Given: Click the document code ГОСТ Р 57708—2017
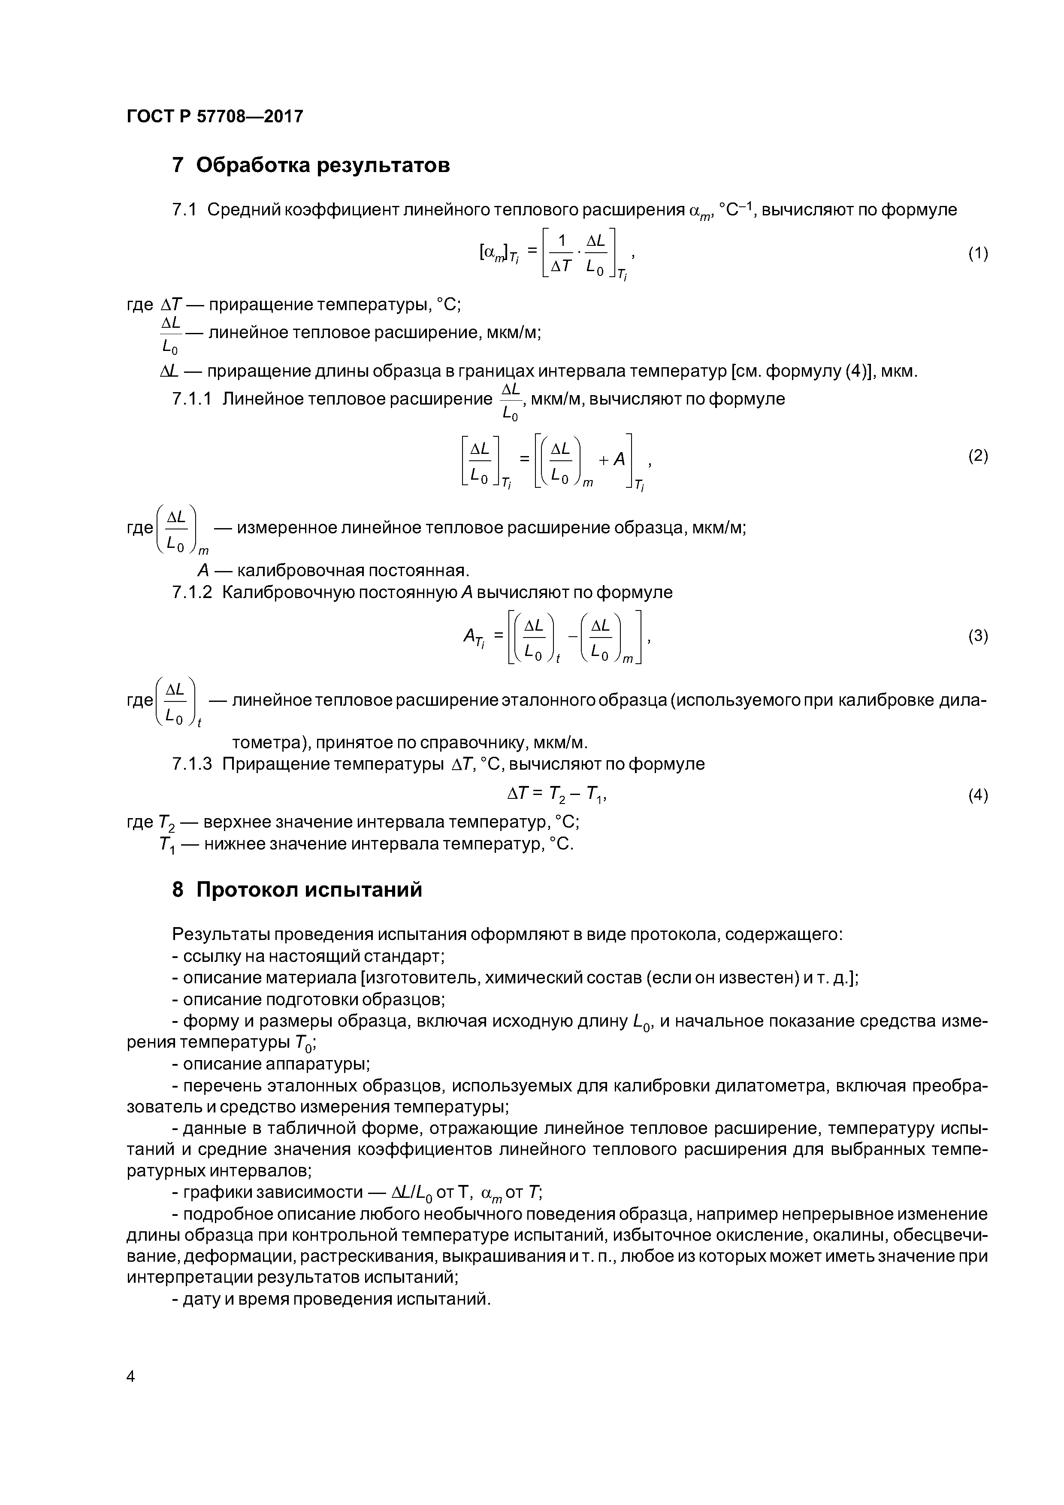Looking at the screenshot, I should [x=215, y=117].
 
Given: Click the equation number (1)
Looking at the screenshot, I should [x=977, y=254].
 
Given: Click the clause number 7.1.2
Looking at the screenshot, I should [x=191, y=592].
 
